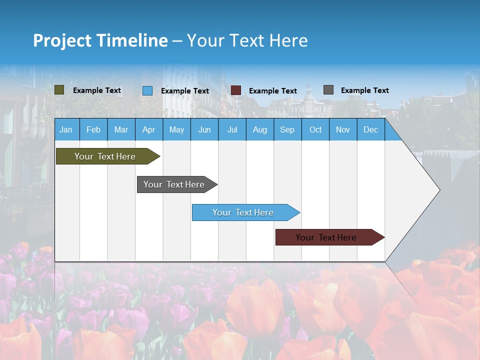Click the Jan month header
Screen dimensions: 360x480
[x=66, y=129]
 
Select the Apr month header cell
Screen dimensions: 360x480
[x=149, y=129]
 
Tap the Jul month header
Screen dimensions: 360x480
[x=232, y=129]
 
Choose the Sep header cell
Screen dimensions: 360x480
[x=287, y=129]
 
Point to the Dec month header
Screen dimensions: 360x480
[x=370, y=129]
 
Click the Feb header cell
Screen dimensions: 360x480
[x=93, y=129]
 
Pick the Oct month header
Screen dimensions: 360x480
[x=315, y=129]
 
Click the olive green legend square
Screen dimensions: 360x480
[x=59, y=90]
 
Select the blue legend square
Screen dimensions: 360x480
[x=147, y=90]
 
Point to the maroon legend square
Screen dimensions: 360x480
[x=236, y=90]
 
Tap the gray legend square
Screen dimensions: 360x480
[x=328, y=90]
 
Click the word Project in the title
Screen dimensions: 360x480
[x=62, y=40]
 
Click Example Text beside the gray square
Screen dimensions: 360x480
[x=364, y=90]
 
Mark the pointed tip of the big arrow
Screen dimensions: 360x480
[x=439, y=190]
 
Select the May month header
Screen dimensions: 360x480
[x=176, y=129]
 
